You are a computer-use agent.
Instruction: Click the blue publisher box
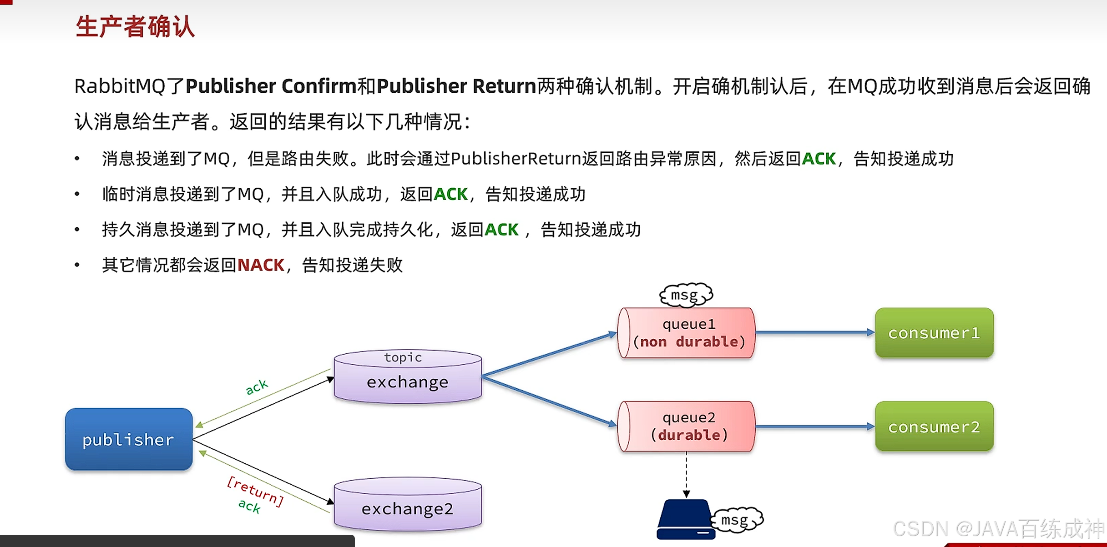[129, 439]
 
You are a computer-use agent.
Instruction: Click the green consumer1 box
[934, 333]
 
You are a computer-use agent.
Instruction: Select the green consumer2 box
[934, 427]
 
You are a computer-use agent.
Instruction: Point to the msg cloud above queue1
[686, 295]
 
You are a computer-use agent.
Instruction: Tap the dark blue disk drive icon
[684, 519]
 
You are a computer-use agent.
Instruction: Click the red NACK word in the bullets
[261, 265]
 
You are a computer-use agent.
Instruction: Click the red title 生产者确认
[135, 26]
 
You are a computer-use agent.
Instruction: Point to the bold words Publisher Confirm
[271, 86]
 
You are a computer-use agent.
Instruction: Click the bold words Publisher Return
[456, 86]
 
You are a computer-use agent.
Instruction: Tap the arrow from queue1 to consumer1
[814, 333]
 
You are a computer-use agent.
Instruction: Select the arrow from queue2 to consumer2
[814, 427]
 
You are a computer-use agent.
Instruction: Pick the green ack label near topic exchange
[257, 386]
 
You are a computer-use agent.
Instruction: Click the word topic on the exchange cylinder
[403, 357]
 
